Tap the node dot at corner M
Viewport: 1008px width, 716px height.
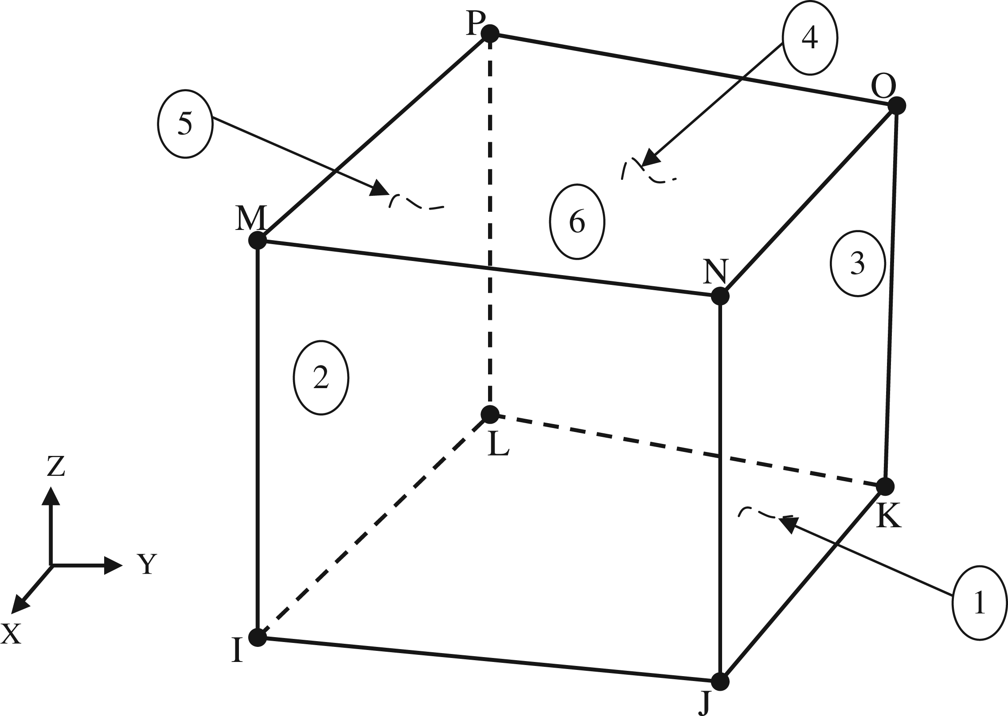click(257, 241)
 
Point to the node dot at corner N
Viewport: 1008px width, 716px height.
click(720, 296)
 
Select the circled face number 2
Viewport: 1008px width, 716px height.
click(321, 377)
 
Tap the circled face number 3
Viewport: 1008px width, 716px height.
click(857, 263)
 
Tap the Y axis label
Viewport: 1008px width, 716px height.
click(146, 564)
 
